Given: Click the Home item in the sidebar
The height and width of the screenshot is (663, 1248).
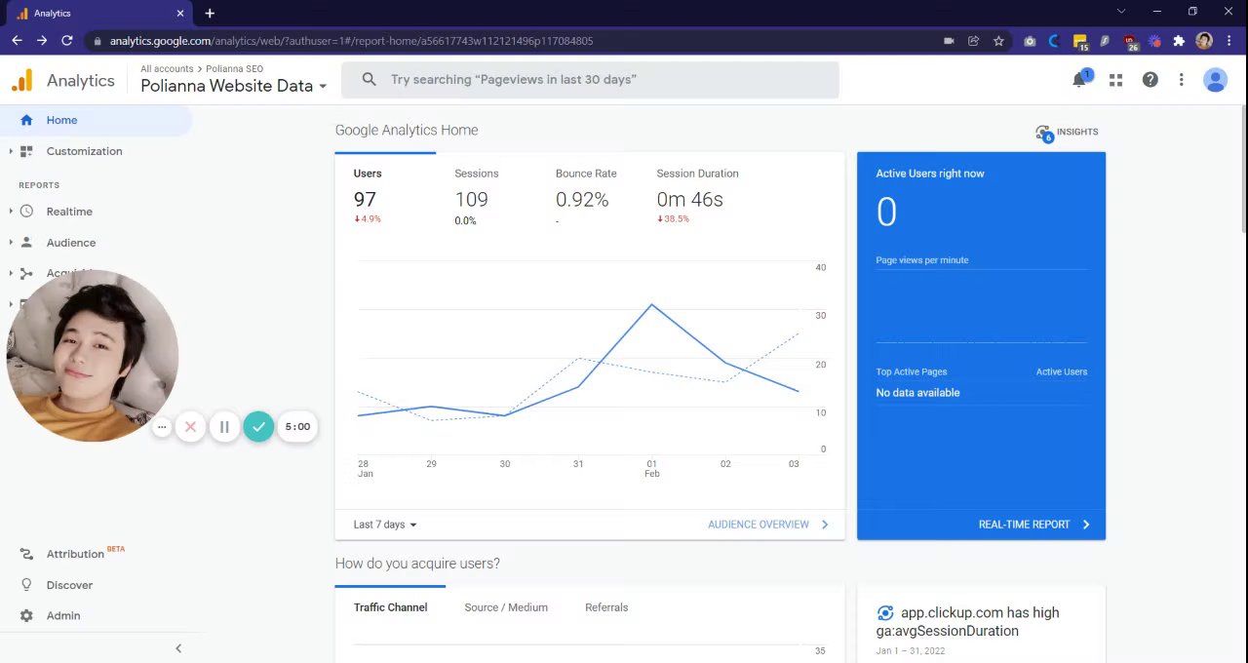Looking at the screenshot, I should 61,120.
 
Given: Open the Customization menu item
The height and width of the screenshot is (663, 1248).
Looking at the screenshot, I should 84,151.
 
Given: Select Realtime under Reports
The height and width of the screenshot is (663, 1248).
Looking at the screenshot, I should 69,212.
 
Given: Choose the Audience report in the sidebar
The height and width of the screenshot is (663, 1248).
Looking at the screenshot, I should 71,243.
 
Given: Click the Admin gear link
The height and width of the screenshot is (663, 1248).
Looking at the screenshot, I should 62,616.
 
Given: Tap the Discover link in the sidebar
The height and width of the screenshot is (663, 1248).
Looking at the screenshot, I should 69,585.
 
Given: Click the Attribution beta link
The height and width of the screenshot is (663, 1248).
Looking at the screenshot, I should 75,554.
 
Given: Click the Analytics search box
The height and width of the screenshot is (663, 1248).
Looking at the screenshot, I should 590,80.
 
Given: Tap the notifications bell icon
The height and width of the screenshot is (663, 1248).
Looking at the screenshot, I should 1079,80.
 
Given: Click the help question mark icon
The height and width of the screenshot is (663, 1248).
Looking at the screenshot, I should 1150,80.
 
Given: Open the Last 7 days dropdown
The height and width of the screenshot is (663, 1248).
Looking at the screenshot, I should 385,525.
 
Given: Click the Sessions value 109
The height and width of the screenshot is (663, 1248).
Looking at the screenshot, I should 471,200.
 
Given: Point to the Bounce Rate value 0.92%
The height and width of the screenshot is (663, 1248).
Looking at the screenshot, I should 582,200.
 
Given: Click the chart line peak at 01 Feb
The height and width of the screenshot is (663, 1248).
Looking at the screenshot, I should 651,305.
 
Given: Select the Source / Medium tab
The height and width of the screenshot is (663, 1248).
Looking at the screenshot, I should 506,607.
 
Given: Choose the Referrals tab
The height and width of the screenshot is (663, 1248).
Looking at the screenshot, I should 606,607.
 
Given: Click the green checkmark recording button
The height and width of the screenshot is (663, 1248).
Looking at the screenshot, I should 258,427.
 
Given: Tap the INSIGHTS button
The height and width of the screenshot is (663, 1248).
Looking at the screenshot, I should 1068,133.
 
